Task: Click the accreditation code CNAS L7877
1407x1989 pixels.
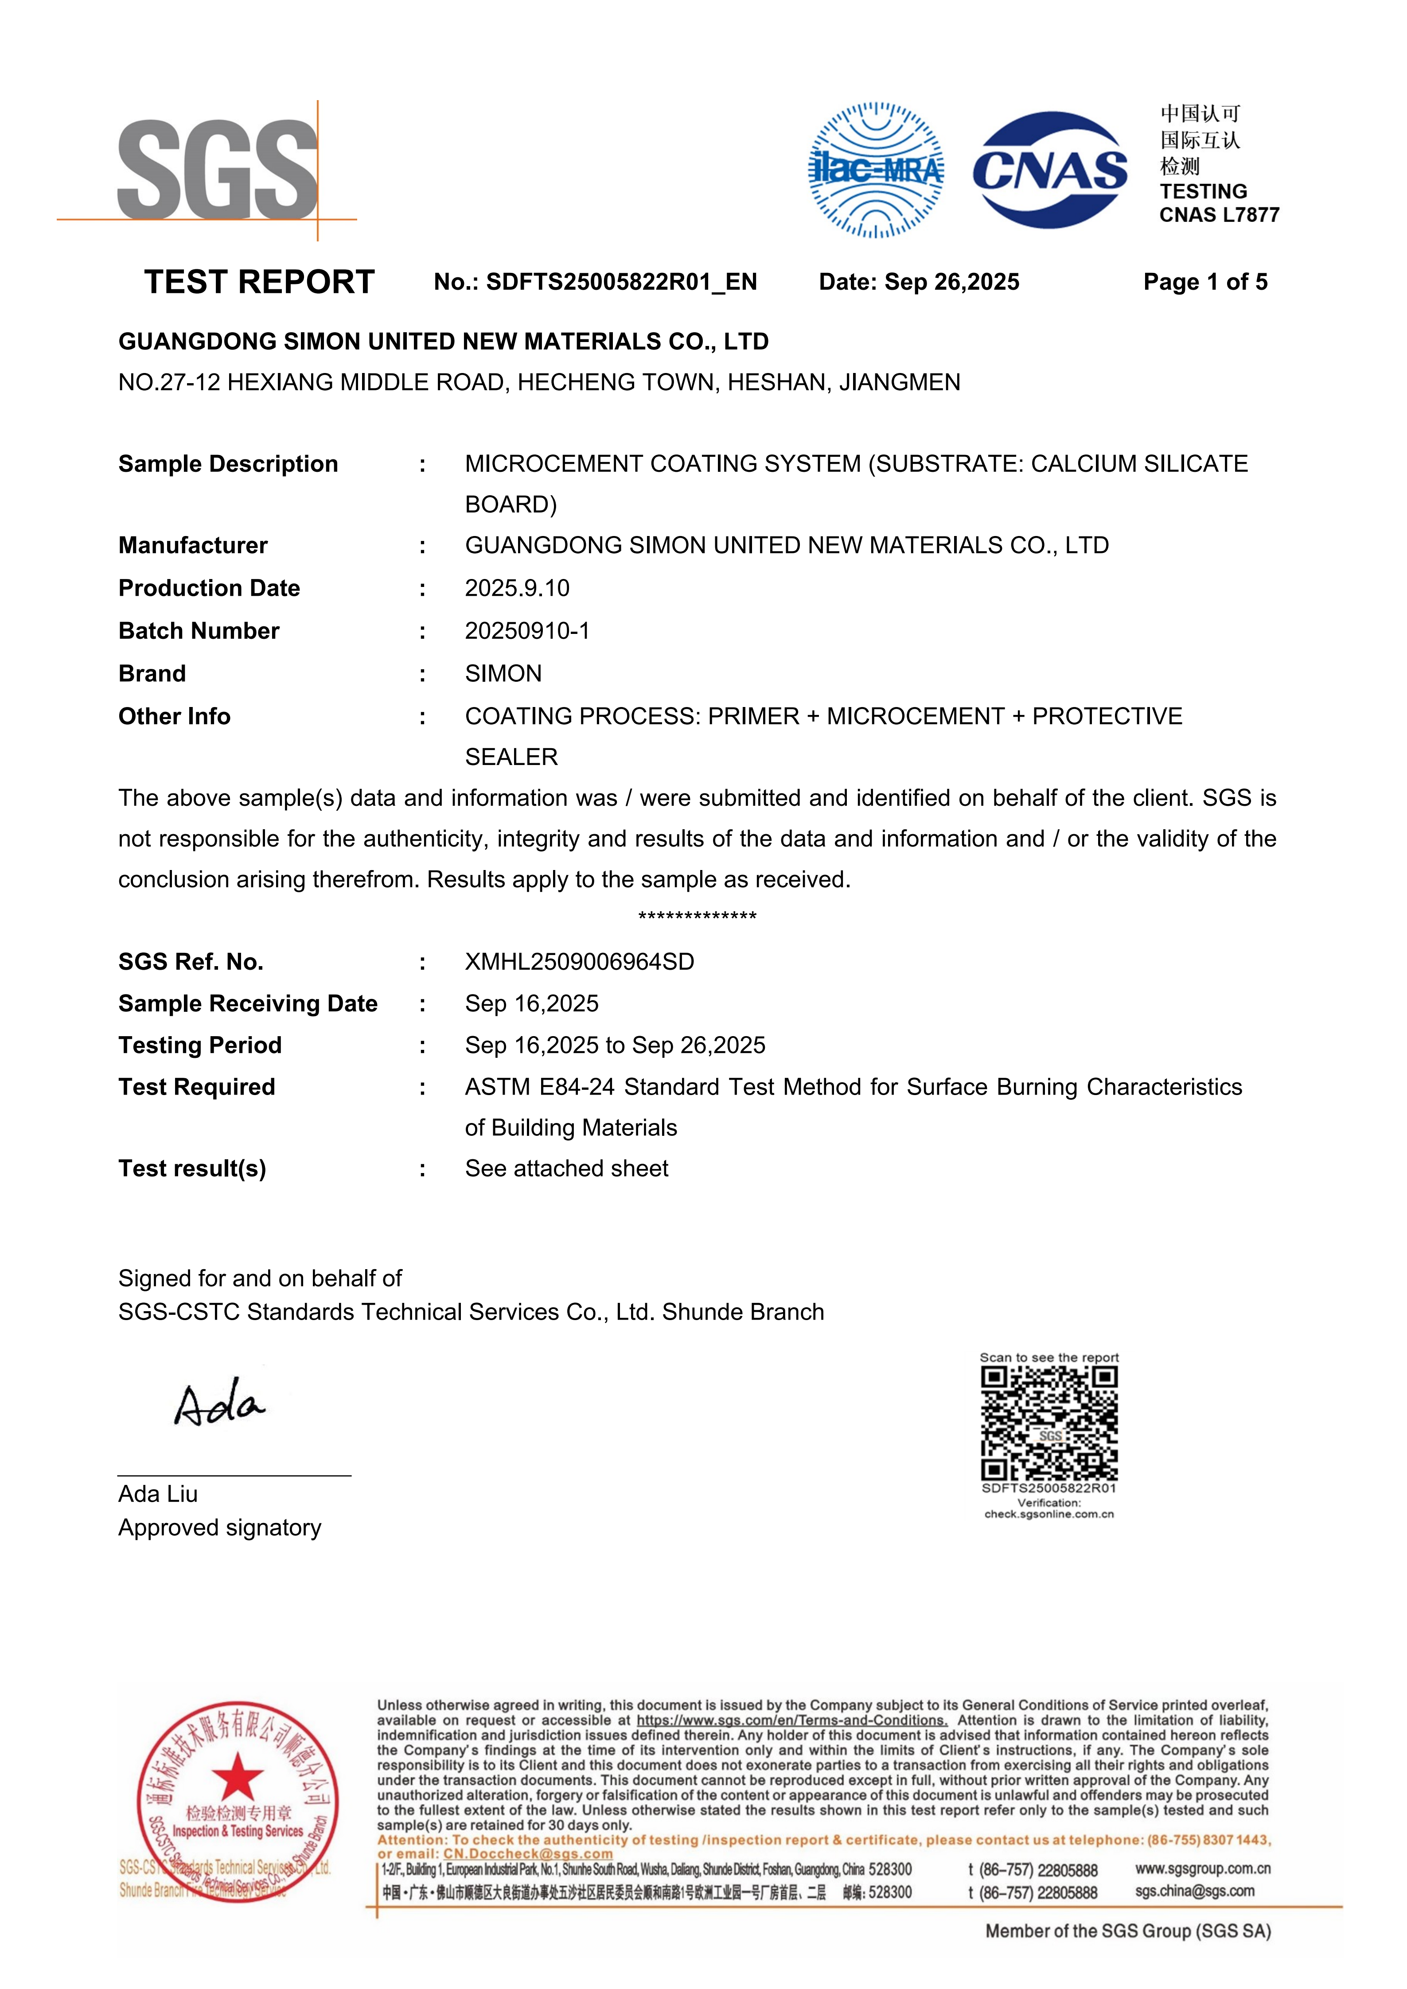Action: click(1219, 215)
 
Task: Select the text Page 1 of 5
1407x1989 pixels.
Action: click(1204, 283)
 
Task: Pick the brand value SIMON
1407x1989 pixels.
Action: click(503, 674)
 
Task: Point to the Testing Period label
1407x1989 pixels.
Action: click(200, 1045)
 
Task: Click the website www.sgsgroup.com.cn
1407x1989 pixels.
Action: click(1203, 1869)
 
